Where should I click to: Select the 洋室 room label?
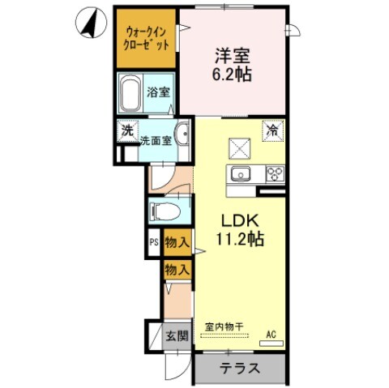click(x=233, y=56)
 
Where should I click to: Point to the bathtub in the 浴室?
click(x=130, y=96)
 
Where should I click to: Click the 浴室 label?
click(x=159, y=92)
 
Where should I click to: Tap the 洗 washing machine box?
click(x=127, y=130)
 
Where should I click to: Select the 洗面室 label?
click(x=156, y=141)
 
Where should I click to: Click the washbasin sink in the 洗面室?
click(x=182, y=134)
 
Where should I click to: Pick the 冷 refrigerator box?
click(x=273, y=130)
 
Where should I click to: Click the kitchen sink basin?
click(x=241, y=175)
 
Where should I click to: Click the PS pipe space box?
click(x=153, y=242)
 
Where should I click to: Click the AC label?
click(x=271, y=331)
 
